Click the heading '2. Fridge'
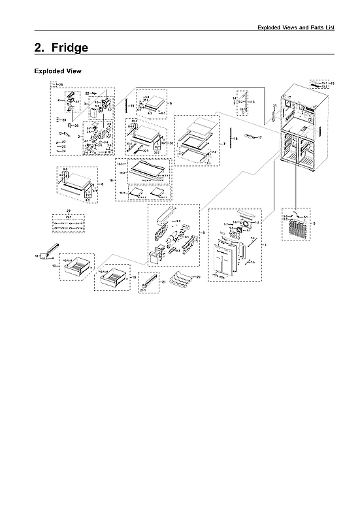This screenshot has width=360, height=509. click(61, 48)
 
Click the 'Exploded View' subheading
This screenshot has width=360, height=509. click(57, 71)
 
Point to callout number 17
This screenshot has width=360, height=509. click(259, 137)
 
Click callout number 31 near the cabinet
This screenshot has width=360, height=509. click(275, 105)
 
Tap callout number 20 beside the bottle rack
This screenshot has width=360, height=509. click(199, 277)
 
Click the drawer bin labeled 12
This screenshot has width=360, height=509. click(77, 266)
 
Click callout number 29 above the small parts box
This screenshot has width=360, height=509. click(68, 210)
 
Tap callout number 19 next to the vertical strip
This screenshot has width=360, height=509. click(132, 105)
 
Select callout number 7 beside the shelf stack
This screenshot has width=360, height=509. click(224, 142)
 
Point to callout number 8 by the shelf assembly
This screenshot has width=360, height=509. click(99, 185)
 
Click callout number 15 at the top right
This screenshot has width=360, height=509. click(333, 84)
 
